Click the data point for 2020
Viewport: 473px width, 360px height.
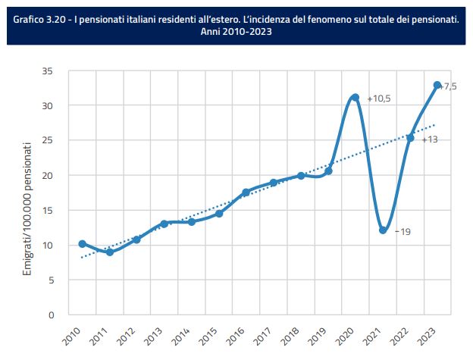355,98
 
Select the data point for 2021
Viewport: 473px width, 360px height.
383,230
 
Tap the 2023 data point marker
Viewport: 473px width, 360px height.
437,85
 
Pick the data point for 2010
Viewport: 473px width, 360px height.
82,244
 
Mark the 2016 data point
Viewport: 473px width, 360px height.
246,193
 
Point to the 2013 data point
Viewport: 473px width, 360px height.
164,224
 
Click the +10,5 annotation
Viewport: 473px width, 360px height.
378,99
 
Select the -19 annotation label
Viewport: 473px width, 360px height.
403,231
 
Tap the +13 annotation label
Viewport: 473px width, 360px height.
429,139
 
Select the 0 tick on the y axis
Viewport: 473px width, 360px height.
51,315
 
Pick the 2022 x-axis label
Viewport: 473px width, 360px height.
403,334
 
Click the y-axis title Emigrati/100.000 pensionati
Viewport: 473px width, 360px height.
27,208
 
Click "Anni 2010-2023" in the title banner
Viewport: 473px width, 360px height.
236,33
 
